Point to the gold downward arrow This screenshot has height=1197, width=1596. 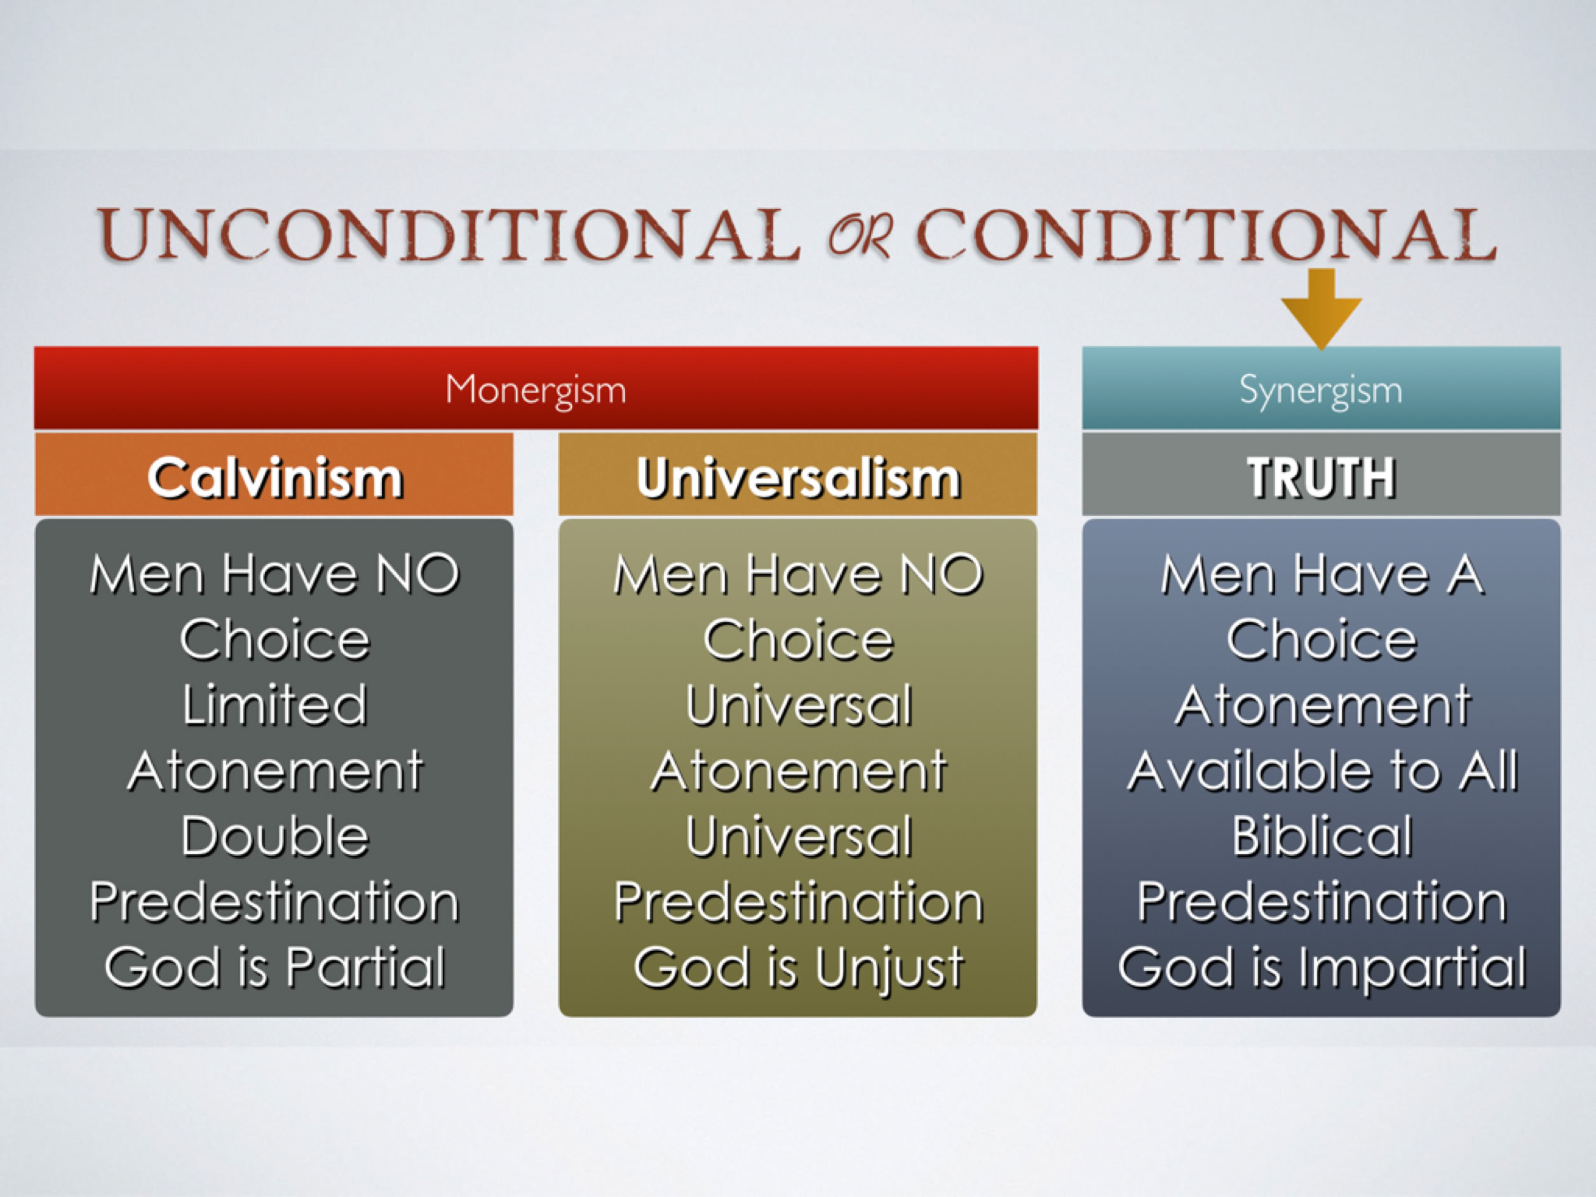[x=1321, y=309]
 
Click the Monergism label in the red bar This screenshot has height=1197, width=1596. [x=536, y=390]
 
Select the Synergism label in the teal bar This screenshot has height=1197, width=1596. [x=1321, y=390]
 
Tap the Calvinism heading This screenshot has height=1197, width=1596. [x=275, y=478]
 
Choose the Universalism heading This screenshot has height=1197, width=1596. [x=798, y=478]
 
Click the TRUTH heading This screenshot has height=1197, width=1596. [x=1322, y=478]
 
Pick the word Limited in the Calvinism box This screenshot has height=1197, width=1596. [x=275, y=705]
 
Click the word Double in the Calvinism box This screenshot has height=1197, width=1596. [x=275, y=836]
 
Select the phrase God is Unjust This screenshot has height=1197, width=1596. [x=798, y=969]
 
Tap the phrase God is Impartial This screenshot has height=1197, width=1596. [x=1322, y=969]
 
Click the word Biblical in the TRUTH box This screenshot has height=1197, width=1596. [x=1322, y=836]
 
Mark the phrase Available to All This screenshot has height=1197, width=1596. [x=1322, y=771]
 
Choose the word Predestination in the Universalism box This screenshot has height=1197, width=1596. [x=798, y=902]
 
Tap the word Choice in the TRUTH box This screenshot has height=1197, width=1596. [x=1322, y=640]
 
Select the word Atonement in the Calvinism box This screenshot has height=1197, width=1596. [x=275, y=771]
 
